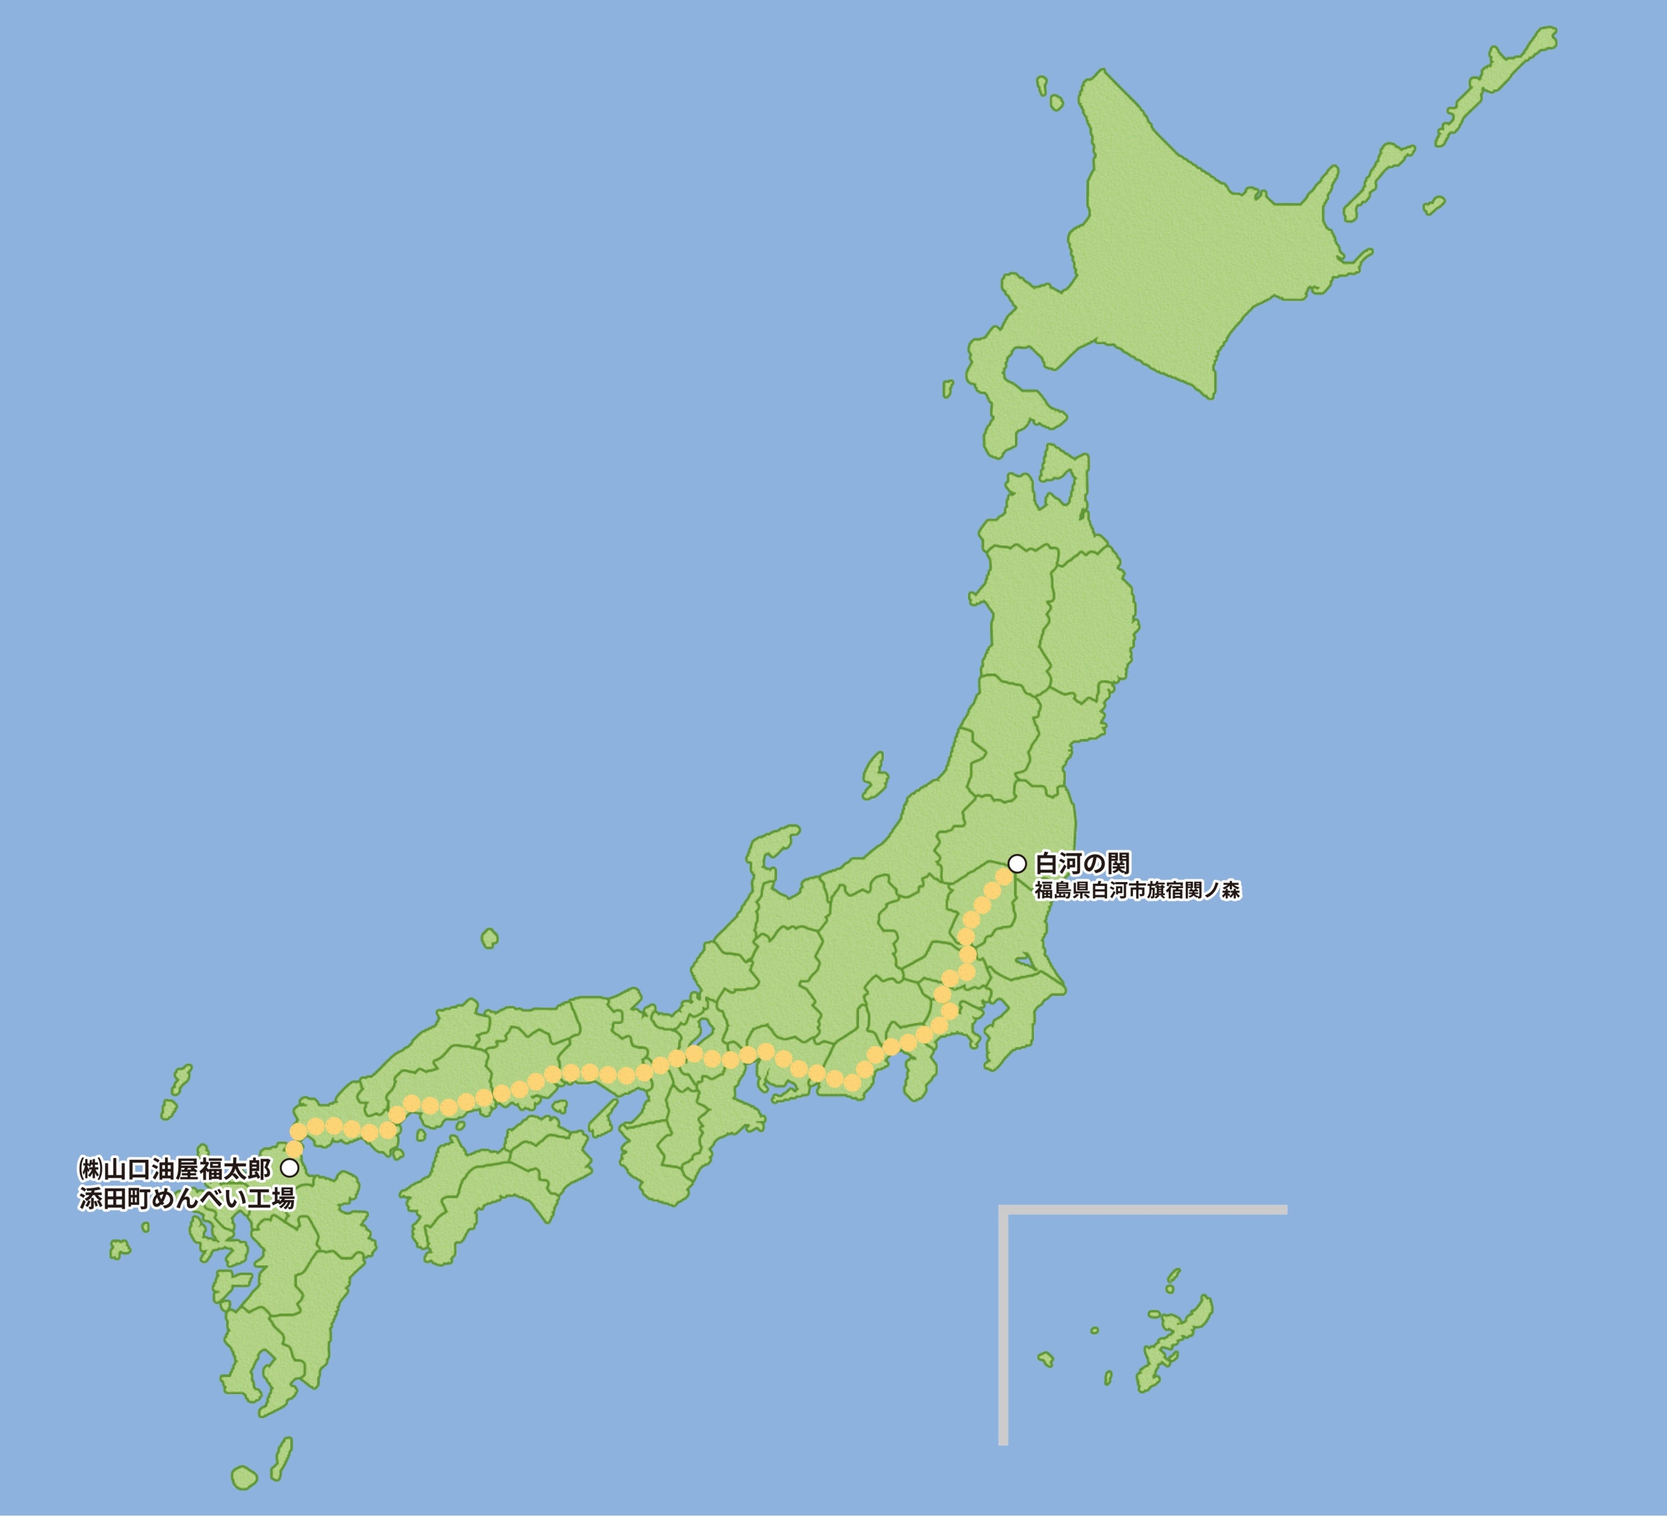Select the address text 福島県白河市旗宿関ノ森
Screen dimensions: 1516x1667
1137,891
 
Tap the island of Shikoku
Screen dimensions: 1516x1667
496,1182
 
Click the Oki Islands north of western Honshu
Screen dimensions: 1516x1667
489,938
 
